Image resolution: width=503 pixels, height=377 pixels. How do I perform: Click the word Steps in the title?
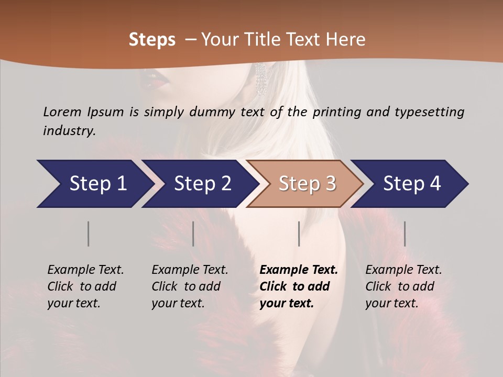(152, 40)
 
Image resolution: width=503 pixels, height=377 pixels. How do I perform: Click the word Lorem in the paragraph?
(62, 112)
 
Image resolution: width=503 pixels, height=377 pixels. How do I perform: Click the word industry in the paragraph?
(69, 131)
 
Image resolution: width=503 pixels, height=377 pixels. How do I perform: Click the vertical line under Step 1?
(89, 234)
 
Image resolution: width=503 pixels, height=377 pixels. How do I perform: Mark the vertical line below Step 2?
(193, 234)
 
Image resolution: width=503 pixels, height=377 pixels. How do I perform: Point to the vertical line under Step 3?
(299, 234)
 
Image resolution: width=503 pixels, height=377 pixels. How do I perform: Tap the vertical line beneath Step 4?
(404, 234)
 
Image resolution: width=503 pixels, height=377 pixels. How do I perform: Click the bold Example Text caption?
(299, 286)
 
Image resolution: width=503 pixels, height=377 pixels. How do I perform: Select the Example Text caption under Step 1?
(85, 286)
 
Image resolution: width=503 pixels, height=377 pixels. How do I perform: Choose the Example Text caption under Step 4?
(403, 286)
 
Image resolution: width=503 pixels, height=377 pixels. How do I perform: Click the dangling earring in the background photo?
(260, 79)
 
